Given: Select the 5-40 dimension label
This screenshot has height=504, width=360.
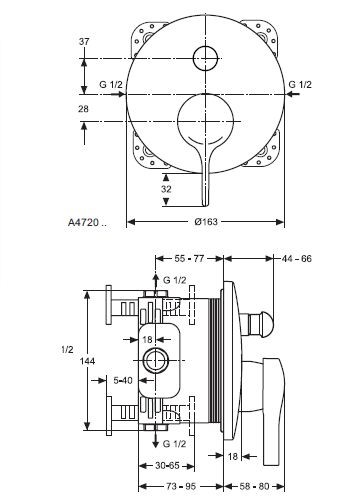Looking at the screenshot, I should click(x=123, y=381).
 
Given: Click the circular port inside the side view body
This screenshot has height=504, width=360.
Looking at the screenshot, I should click(x=157, y=361).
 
